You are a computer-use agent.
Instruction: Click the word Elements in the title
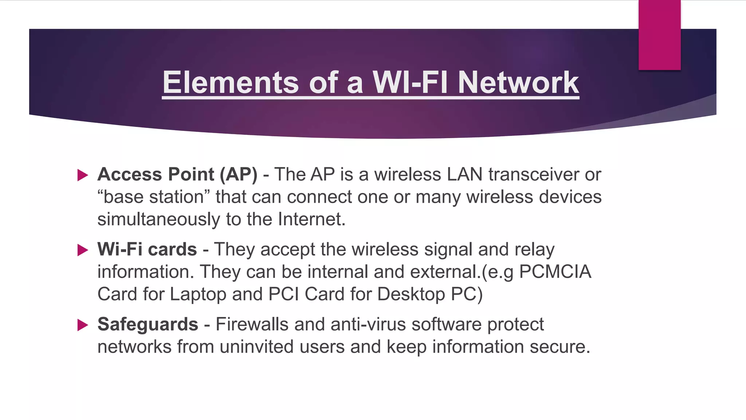pyautogui.click(x=231, y=82)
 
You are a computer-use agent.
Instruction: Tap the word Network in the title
pyautogui.click(x=518, y=82)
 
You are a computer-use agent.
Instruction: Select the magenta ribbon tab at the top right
pyautogui.click(x=659, y=35)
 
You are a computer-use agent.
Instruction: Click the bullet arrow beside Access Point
pyautogui.click(x=83, y=175)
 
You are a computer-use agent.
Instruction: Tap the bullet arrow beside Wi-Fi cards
pyautogui.click(x=83, y=250)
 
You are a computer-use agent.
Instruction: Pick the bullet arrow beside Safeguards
pyautogui.click(x=83, y=325)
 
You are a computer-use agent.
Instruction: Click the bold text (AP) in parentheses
pyautogui.click(x=238, y=174)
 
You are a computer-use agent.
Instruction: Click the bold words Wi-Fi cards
pyautogui.click(x=147, y=249)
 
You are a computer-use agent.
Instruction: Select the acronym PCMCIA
pyautogui.click(x=555, y=272)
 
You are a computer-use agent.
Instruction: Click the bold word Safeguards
pyautogui.click(x=148, y=324)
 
